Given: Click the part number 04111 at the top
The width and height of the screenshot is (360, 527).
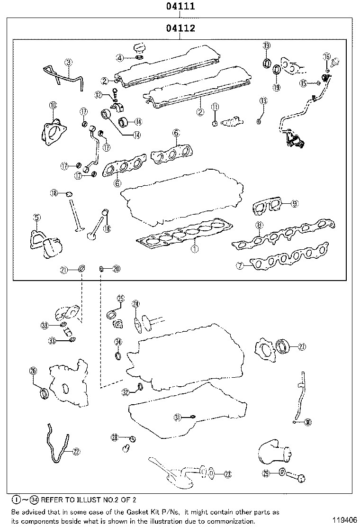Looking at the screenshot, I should click(x=180, y=7).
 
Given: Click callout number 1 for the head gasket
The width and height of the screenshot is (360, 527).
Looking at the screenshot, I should click(x=194, y=247).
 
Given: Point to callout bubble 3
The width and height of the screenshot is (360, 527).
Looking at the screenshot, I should click(x=69, y=62).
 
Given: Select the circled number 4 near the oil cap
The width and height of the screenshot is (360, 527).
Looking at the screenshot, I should click(x=120, y=58).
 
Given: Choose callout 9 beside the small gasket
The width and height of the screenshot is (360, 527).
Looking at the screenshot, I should click(x=294, y=204).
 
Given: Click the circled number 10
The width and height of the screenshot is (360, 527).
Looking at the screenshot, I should click(x=53, y=105).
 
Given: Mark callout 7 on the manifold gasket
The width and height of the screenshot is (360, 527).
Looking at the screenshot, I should click(x=240, y=266).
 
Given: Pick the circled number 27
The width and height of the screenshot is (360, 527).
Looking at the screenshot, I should click(x=302, y=347).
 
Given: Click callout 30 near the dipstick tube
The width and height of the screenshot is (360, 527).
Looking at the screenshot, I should click(x=308, y=422).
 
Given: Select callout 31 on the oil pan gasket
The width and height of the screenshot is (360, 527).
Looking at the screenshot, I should click(x=177, y=417).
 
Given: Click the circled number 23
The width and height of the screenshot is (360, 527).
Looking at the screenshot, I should click(x=228, y=473).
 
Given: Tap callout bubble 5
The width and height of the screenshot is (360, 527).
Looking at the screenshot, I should click(x=36, y=218).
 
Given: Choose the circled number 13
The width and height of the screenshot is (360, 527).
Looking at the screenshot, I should click(x=263, y=101).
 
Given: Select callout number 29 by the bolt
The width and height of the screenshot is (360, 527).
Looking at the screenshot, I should click(x=266, y=473).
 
